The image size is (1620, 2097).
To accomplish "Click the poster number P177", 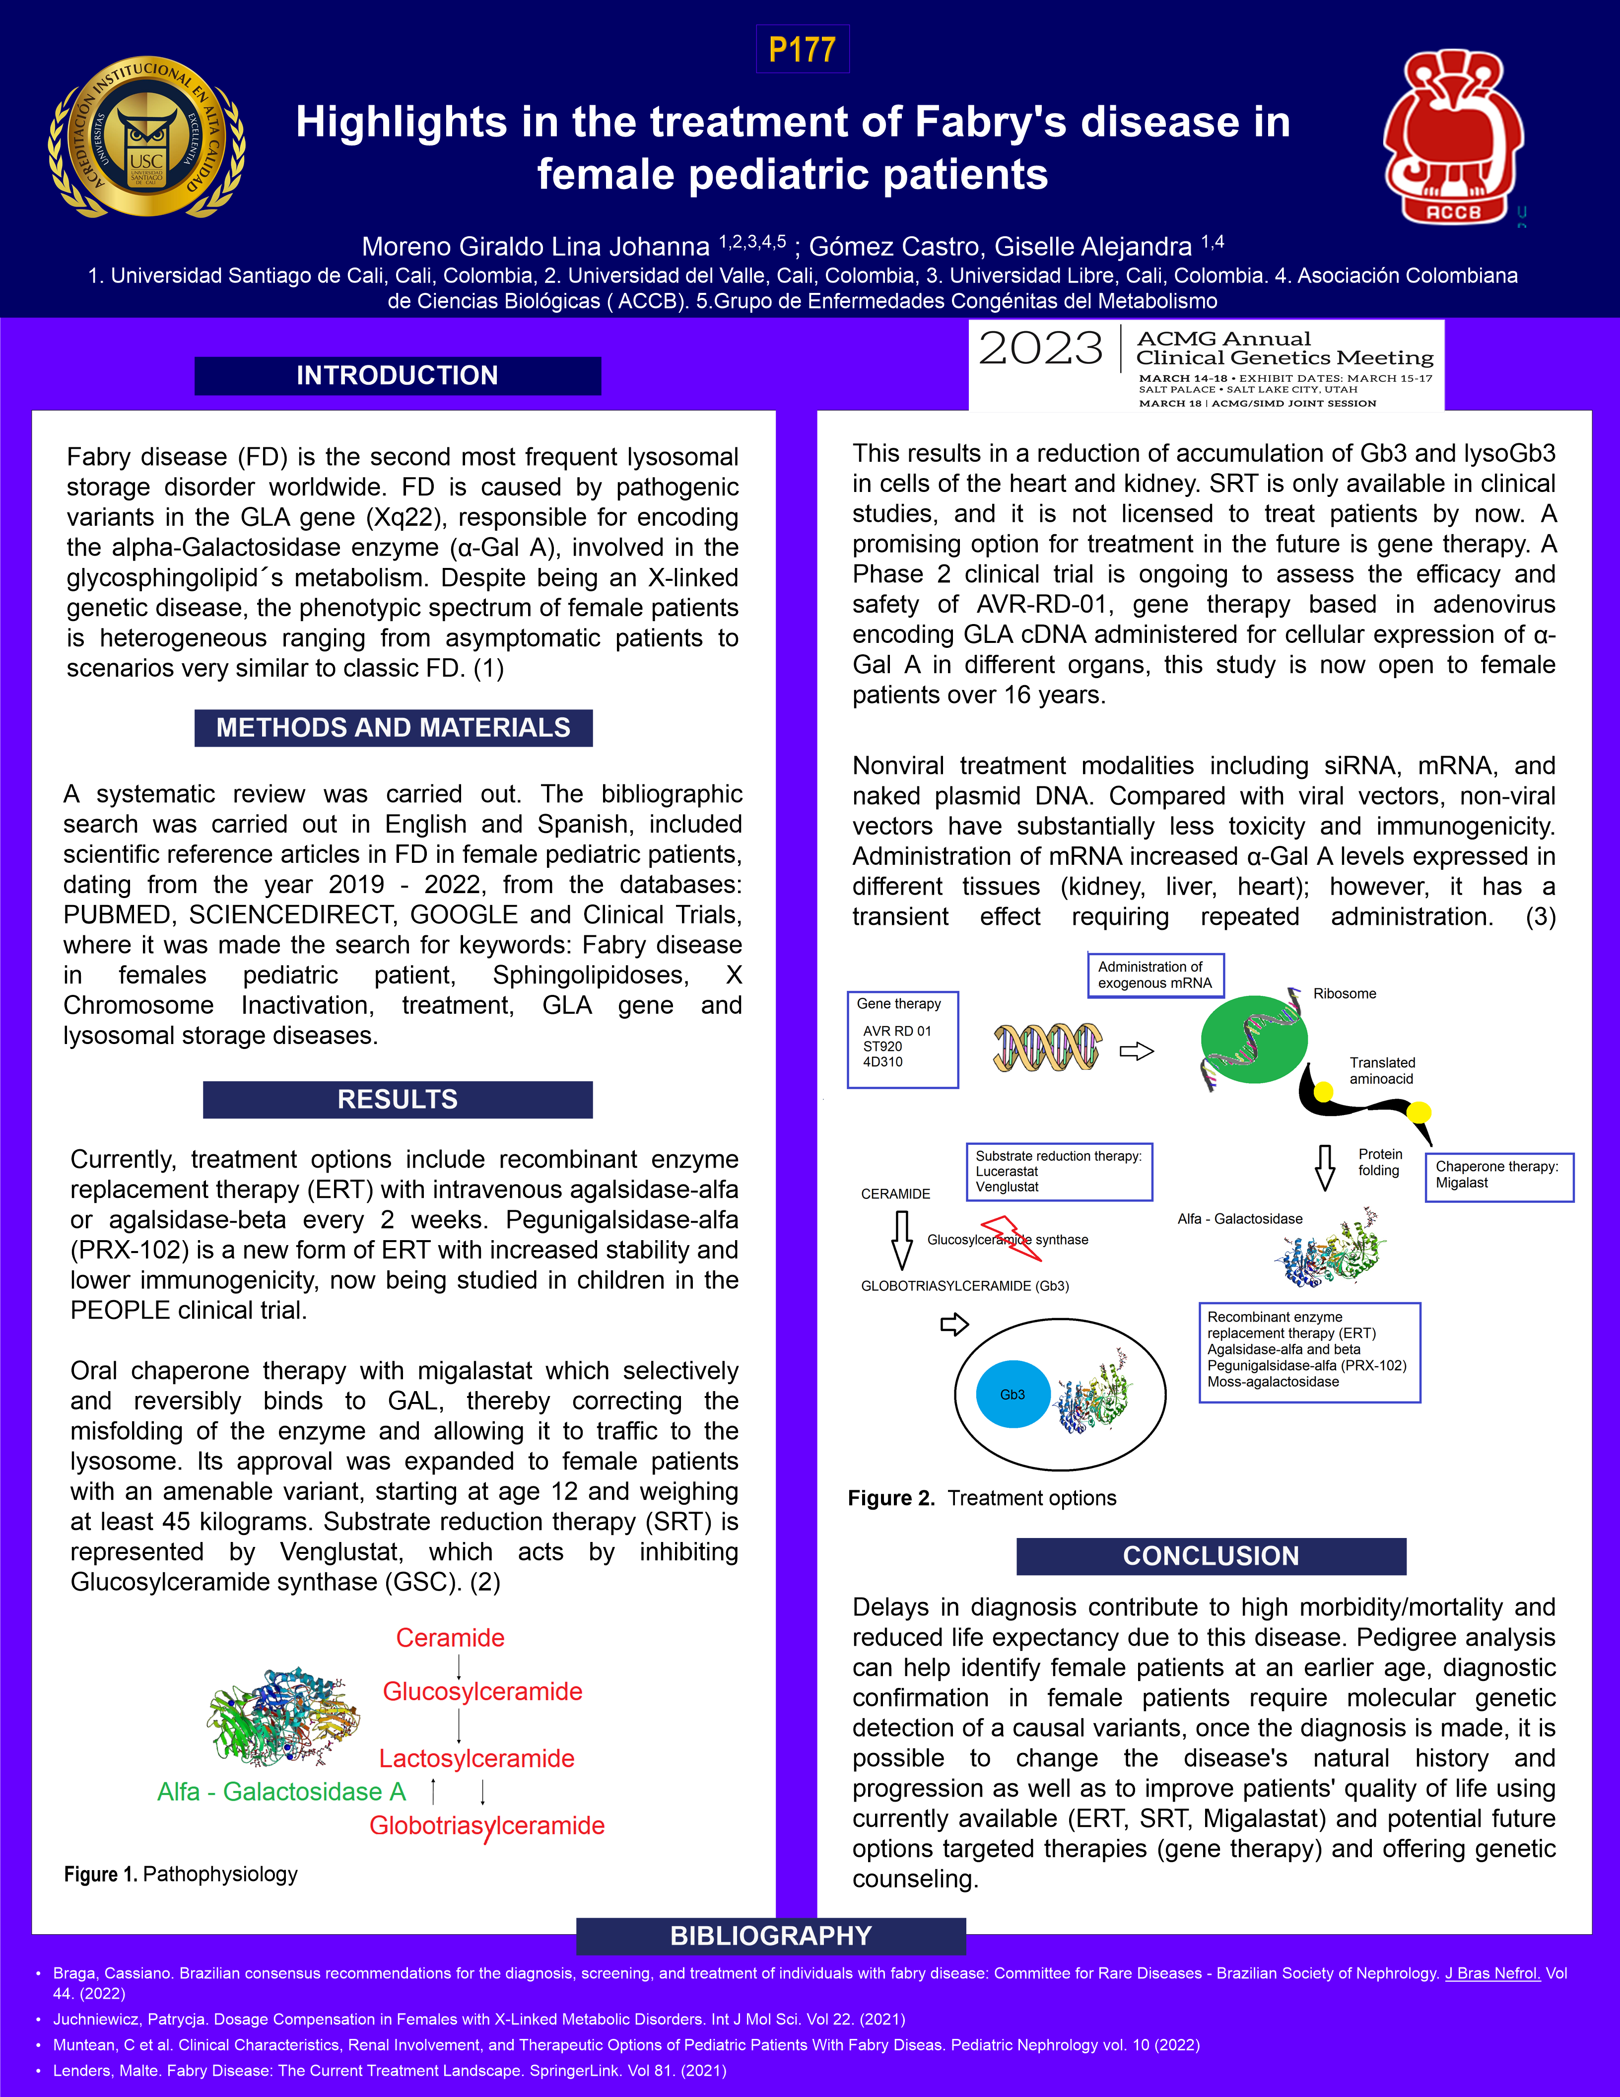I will (803, 49).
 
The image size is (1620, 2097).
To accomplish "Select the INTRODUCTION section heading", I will (398, 375).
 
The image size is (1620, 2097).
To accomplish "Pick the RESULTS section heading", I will (398, 1100).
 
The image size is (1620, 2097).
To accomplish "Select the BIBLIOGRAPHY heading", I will (771, 1936).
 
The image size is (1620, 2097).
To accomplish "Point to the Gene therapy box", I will (902, 1040).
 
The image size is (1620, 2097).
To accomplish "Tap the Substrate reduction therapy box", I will (1059, 1172).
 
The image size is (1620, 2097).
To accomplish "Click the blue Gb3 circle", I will (1012, 1394).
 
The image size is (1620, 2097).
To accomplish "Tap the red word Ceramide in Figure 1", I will (450, 1638).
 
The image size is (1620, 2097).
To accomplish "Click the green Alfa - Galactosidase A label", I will (281, 1792).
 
